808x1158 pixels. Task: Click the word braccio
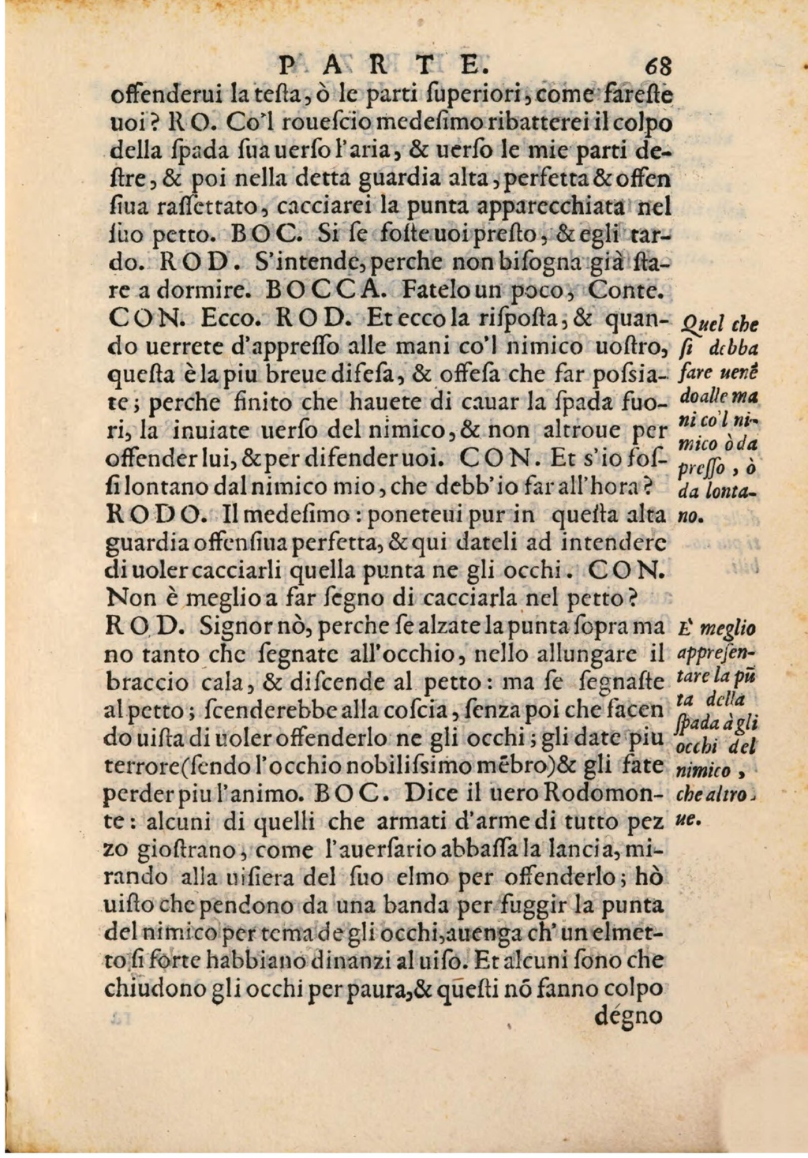tap(136, 683)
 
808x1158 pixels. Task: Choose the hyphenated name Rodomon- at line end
tap(604, 793)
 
